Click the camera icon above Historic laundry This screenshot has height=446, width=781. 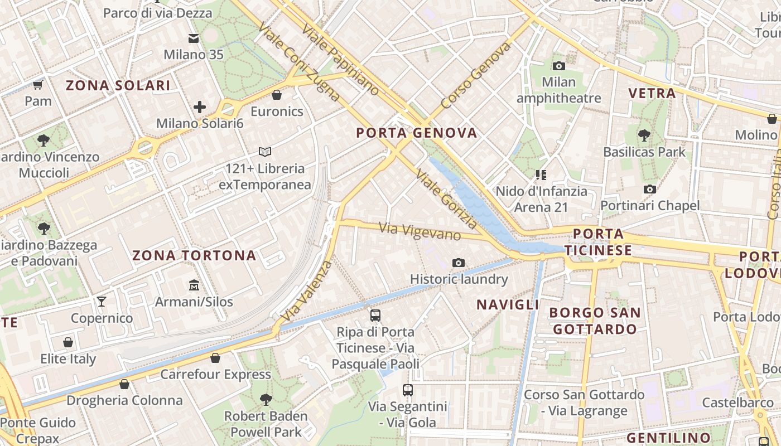459,263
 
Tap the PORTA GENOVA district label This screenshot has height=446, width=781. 417,133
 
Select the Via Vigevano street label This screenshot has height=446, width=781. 420,231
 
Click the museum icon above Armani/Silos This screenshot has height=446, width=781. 194,285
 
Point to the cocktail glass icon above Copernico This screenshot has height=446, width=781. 101,302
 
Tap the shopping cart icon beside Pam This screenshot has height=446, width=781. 38,85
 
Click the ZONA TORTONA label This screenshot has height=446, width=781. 194,256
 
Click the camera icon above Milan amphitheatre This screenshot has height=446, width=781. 558,66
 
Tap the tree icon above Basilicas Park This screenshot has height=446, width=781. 644,135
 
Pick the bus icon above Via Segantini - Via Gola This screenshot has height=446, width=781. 408,390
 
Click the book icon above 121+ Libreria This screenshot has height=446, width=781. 265,152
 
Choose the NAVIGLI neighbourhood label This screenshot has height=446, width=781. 508,304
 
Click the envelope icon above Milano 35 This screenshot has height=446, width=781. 194,38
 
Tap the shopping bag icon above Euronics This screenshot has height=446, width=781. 277,95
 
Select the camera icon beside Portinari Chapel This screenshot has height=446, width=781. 649,190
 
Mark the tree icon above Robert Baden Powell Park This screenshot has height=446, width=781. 266,399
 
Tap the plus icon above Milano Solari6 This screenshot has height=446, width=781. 200,106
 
